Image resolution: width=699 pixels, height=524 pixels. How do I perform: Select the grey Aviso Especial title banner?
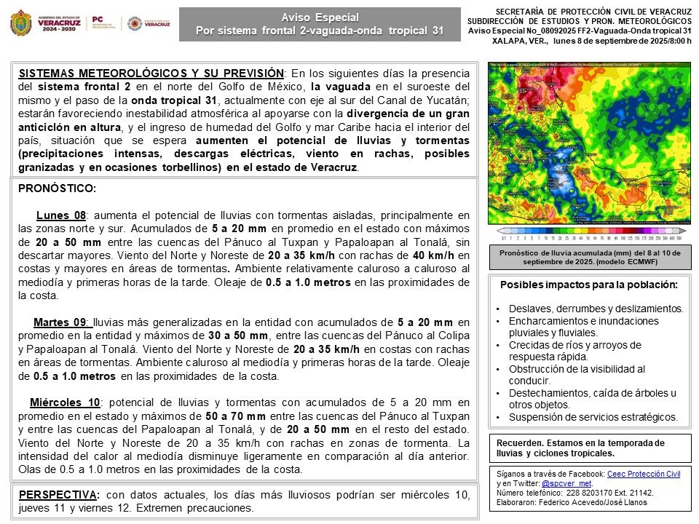tap(320, 24)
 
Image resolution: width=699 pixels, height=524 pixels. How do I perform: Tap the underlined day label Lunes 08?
tap(61, 215)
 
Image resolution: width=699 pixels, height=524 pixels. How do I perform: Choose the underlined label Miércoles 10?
tap(65, 402)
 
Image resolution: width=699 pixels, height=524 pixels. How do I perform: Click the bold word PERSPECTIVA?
tap(58, 495)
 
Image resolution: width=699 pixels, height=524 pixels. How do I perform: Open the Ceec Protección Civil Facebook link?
tap(644, 474)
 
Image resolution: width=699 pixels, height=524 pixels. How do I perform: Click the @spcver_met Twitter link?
tap(567, 483)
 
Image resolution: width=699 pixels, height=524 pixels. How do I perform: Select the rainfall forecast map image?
tap(589, 143)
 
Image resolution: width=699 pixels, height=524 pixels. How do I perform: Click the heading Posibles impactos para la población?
tap(590, 284)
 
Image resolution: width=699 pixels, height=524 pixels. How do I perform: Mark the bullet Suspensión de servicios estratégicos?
tap(593, 417)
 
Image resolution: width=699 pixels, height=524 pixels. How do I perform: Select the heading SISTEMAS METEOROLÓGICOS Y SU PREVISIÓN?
tap(151, 74)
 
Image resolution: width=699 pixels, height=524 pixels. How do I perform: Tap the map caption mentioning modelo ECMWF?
tap(590, 257)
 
